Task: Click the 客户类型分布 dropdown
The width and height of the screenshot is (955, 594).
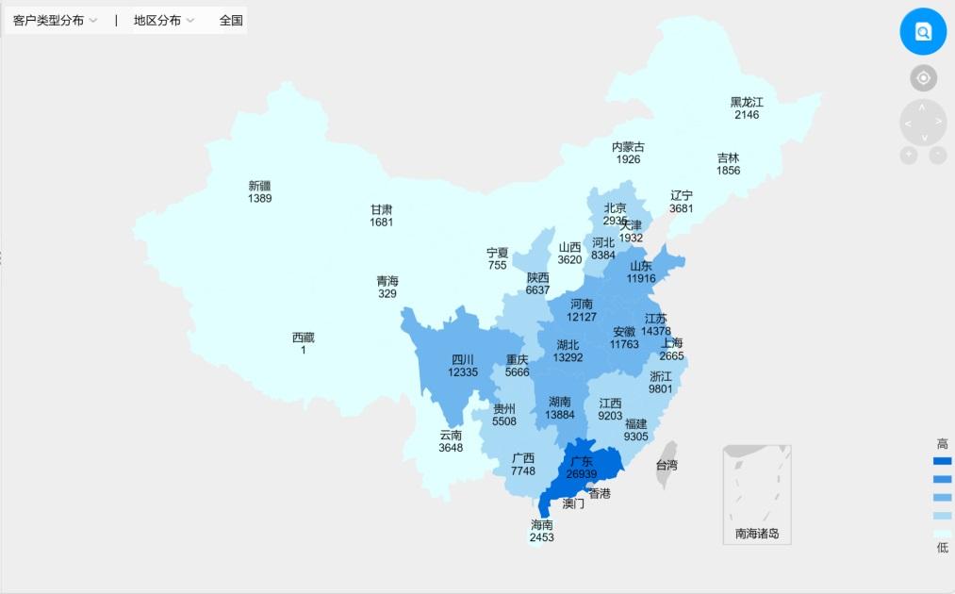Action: (55, 20)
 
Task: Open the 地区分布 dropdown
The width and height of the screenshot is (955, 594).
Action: (164, 20)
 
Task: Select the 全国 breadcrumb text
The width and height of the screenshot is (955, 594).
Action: (231, 20)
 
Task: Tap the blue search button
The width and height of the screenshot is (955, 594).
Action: (923, 31)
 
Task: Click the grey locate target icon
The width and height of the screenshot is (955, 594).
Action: (923, 78)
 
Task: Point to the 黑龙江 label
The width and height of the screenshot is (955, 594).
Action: (747, 102)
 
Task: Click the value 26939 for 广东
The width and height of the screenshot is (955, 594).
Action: (582, 473)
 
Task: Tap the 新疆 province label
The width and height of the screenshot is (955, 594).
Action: (260, 186)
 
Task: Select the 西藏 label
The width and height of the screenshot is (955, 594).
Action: (304, 338)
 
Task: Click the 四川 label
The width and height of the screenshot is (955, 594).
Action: (463, 359)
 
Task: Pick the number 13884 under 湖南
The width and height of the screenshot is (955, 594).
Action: (560, 415)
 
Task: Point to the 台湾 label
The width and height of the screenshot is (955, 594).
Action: (667, 465)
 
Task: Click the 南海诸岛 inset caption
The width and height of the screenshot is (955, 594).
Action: (757, 535)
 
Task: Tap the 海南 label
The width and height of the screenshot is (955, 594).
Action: (541, 524)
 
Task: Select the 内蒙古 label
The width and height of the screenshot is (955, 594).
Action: (628, 147)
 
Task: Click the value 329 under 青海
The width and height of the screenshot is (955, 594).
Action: (387, 293)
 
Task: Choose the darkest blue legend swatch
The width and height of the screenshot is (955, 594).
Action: (942, 461)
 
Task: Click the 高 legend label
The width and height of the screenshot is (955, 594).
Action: (942, 444)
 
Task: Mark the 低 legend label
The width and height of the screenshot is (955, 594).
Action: (942, 548)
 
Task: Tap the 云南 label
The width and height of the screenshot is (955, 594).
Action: (451, 435)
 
